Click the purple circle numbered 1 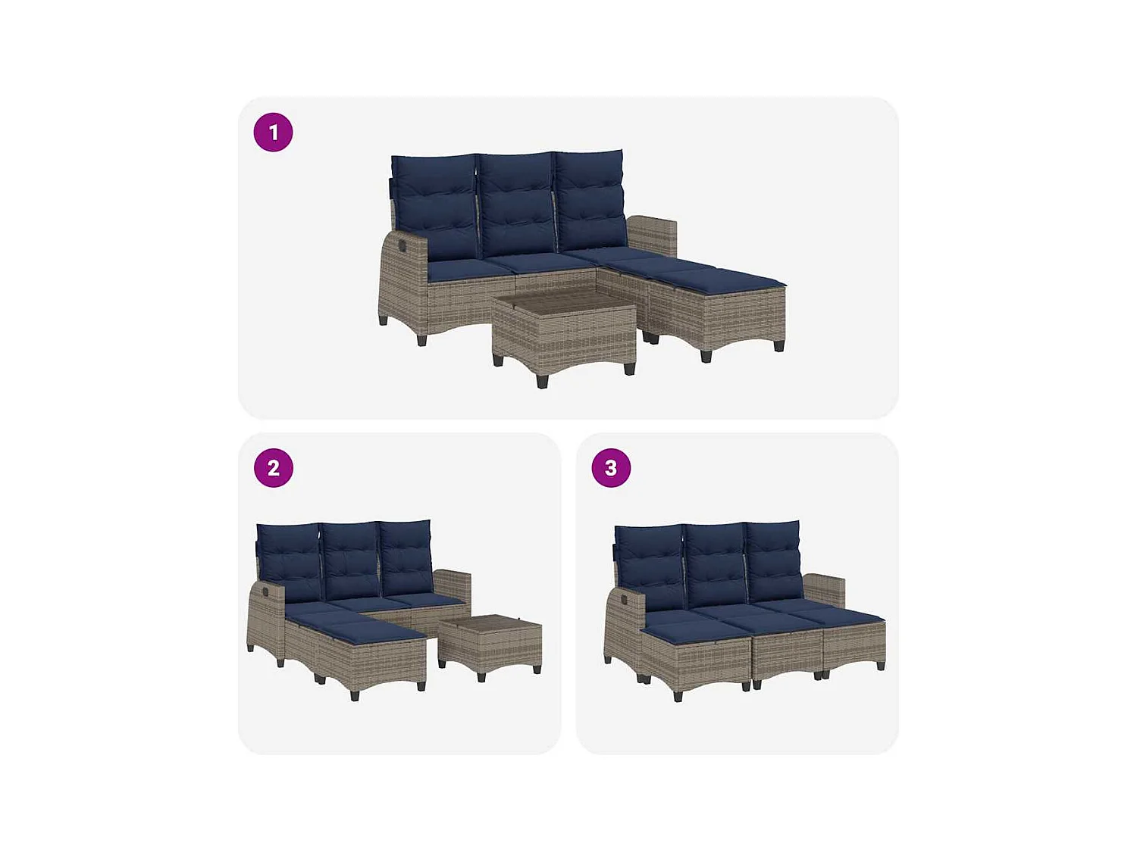(273, 133)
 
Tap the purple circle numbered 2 (273, 468)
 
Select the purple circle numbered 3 (611, 468)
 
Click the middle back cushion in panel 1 (517, 203)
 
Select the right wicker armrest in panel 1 (652, 235)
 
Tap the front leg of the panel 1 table (542, 381)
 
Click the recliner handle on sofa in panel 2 (265, 589)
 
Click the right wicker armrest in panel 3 (825, 589)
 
